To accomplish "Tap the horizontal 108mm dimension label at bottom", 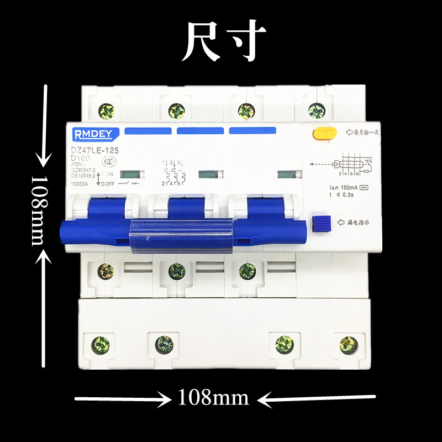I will click(213, 397).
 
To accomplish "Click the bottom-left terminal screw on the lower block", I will click(101, 345).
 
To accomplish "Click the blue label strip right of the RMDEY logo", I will click(148, 131).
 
